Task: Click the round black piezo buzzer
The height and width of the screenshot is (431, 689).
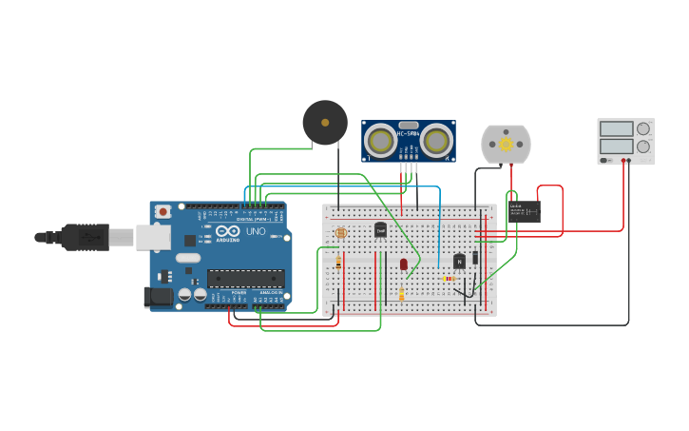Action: (x=325, y=123)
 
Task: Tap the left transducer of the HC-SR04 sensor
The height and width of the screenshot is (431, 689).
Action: (x=381, y=142)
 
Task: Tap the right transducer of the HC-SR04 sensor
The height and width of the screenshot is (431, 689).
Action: (x=436, y=142)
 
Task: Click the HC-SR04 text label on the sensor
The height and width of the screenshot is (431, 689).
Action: (x=409, y=133)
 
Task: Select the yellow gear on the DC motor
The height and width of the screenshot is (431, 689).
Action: (x=506, y=145)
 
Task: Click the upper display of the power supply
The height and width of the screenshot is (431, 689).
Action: (x=616, y=128)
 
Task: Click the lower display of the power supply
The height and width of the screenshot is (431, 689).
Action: (x=616, y=147)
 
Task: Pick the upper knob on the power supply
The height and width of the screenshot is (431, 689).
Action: (x=643, y=128)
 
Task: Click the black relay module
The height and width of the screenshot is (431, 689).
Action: (x=524, y=210)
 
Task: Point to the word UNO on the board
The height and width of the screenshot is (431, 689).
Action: (x=256, y=231)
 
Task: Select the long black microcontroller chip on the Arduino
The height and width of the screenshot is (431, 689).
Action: (x=245, y=279)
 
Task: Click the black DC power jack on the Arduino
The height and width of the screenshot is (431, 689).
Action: (x=159, y=297)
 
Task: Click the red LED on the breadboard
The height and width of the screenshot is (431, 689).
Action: (x=404, y=264)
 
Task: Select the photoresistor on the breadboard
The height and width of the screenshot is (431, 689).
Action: (x=341, y=232)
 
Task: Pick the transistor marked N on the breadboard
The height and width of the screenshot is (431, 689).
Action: (x=460, y=261)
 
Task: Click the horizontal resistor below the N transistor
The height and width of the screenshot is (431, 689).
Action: (x=449, y=279)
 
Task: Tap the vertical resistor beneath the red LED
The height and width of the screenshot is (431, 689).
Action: (x=401, y=294)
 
